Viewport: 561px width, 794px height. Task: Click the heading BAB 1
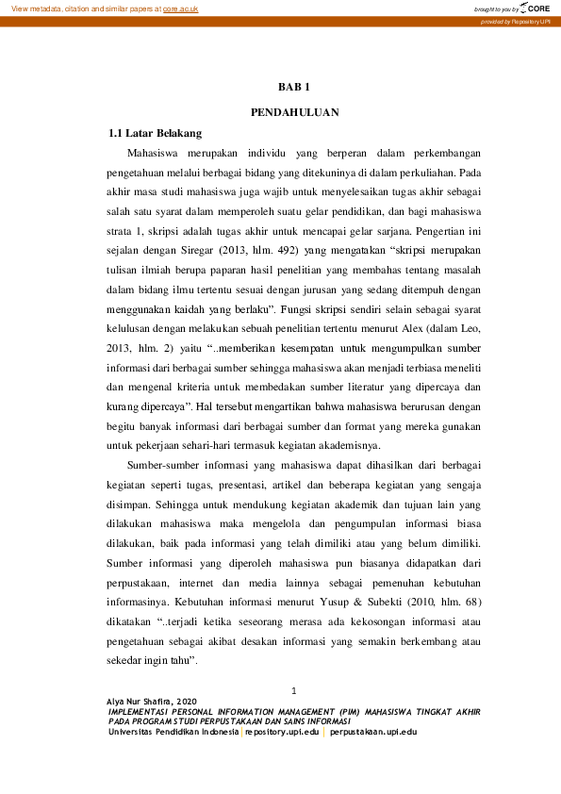[x=294, y=87]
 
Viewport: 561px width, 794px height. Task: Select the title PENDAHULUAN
[x=294, y=112]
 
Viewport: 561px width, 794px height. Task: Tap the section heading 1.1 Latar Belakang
[x=156, y=133]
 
